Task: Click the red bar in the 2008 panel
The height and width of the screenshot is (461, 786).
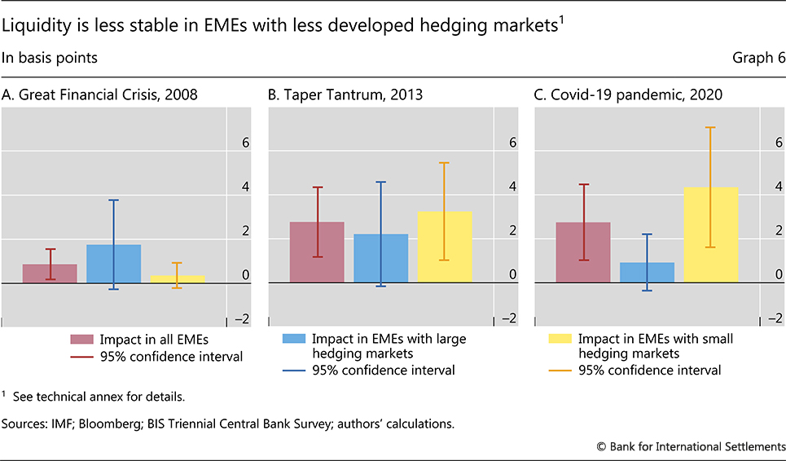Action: [x=50, y=274]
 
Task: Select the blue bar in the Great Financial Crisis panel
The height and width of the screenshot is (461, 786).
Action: [x=114, y=264]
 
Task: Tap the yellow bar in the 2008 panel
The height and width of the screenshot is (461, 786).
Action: [x=178, y=279]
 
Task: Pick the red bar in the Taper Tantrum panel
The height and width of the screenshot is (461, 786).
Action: [x=317, y=252]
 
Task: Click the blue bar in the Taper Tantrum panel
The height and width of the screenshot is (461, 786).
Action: [x=380, y=258]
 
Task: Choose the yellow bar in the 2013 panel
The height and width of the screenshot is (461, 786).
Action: [x=444, y=247]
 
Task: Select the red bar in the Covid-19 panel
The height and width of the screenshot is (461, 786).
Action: [x=583, y=252]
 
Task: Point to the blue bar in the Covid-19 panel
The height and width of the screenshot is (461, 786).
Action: [x=647, y=273]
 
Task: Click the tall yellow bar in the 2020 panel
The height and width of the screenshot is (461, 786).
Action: [x=710, y=235]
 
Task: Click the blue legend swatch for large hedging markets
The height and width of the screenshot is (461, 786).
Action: [x=293, y=340]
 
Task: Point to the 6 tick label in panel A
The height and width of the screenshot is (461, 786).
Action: [x=233, y=143]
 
